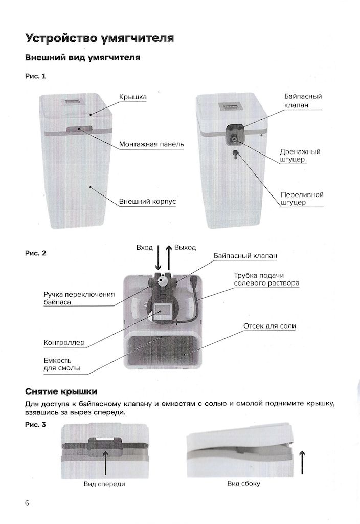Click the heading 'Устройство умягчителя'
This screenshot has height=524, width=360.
(x=100, y=38)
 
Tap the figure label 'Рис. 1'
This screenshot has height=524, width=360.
(x=35, y=76)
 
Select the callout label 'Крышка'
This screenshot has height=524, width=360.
(x=132, y=97)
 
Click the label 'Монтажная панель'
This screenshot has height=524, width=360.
(x=151, y=144)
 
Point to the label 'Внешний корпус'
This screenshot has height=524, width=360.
(x=147, y=202)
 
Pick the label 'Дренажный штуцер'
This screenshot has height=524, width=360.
(x=300, y=156)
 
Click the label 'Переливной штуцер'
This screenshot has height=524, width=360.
(x=302, y=199)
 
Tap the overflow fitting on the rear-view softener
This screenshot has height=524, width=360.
(x=235, y=155)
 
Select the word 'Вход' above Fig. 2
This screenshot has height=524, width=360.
(x=145, y=248)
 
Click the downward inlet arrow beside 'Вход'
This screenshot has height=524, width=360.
(x=159, y=257)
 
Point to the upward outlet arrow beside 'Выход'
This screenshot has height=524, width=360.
(x=169, y=257)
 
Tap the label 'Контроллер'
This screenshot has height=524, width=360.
(x=64, y=343)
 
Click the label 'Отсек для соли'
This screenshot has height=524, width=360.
(x=269, y=326)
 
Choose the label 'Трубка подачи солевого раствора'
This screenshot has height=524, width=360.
(x=266, y=279)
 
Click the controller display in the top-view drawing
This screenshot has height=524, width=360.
(x=163, y=311)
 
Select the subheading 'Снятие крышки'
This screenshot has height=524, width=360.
(x=61, y=391)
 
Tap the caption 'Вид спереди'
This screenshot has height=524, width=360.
(x=104, y=484)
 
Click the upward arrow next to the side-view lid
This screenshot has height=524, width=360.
(x=302, y=463)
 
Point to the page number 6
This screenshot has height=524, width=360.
(x=28, y=503)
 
